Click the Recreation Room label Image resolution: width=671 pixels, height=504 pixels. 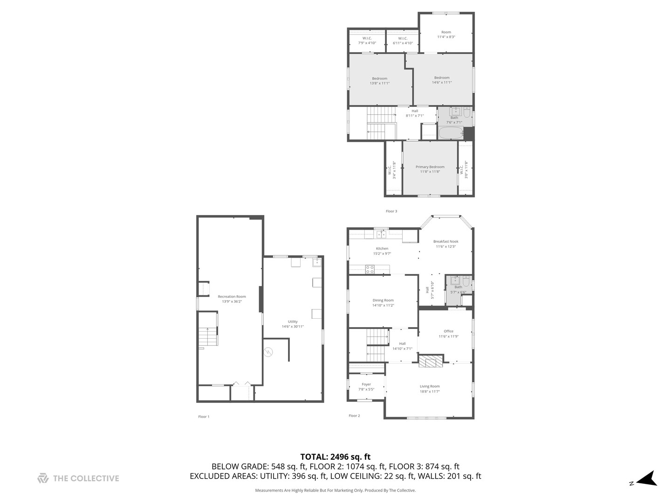(x=232, y=296)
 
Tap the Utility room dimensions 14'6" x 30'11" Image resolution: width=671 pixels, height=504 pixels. (x=293, y=327)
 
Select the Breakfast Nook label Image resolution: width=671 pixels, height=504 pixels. (x=445, y=241)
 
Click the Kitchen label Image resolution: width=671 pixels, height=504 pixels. (x=382, y=248)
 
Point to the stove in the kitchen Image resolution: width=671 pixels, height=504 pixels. (x=370, y=269)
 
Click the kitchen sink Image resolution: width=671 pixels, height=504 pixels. (x=381, y=234)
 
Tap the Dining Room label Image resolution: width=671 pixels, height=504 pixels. (x=383, y=300)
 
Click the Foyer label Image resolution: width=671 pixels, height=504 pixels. (x=366, y=384)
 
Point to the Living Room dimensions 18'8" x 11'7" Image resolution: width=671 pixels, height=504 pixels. (x=429, y=392)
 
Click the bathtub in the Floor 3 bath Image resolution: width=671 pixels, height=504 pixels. (x=450, y=133)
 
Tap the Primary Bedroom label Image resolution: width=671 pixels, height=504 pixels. (x=430, y=167)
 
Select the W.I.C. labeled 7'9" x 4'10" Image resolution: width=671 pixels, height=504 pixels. (x=367, y=41)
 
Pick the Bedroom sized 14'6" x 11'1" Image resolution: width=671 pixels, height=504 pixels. (x=442, y=80)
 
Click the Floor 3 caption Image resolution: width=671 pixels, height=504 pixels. (x=391, y=211)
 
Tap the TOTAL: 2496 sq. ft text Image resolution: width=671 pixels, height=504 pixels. (x=335, y=457)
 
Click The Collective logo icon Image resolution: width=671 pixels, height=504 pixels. (x=43, y=478)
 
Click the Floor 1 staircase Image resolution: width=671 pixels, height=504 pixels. (x=208, y=336)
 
